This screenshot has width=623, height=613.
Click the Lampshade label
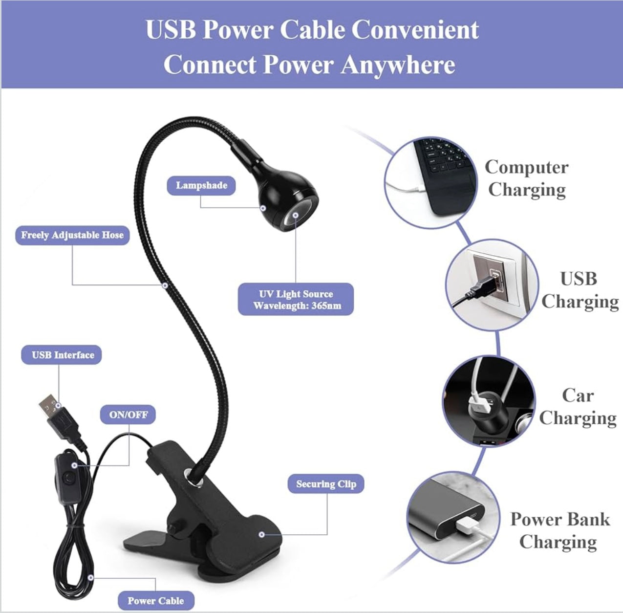pos(201,185)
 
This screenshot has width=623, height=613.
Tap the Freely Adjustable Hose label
pos(72,235)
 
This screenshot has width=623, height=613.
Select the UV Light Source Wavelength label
pos(296,299)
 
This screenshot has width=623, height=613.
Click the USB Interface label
pos(62,355)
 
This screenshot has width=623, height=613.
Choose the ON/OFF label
pos(128,415)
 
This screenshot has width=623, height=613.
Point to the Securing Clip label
pos(326,484)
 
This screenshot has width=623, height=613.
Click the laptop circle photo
pos(431,182)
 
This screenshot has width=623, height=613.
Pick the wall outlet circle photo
pos(492,285)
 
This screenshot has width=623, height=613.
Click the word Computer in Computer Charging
pos(526,168)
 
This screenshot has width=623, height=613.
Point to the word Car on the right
pos(578,395)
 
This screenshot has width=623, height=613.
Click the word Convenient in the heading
pos(415,29)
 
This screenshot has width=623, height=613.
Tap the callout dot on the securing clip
pos(262,534)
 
